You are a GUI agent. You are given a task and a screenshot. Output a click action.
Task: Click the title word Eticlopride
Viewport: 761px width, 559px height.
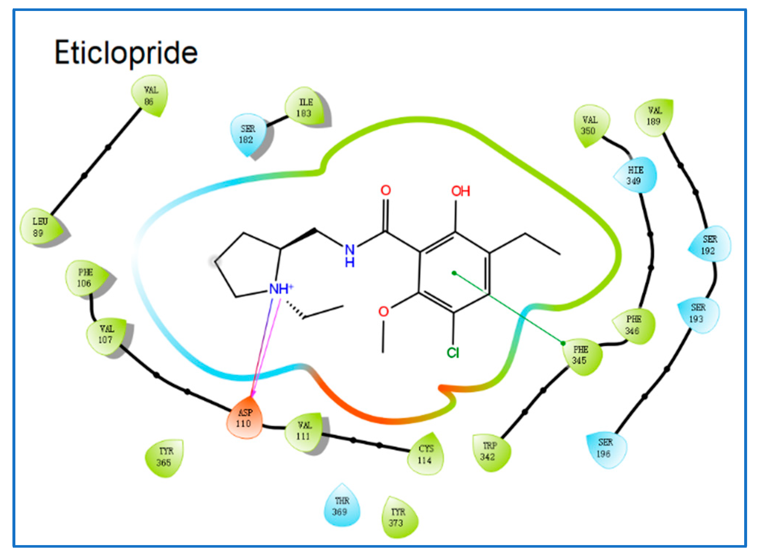pyautogui.click(x=126, y=53)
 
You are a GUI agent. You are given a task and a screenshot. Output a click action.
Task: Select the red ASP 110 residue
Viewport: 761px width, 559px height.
pyautogui.click(x=244, y=419)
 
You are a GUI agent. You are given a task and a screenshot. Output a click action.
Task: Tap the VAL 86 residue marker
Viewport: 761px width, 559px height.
pyautogui.click(x=150, y=96)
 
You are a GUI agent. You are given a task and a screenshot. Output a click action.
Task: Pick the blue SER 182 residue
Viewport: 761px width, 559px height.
pyautogui.click(x=247, y=134)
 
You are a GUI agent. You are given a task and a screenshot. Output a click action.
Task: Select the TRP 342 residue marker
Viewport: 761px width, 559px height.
pyautogui.click(x=489, y=452)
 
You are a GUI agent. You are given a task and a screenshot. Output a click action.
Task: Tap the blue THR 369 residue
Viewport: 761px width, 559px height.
pyautogui.click(x=341, y=506)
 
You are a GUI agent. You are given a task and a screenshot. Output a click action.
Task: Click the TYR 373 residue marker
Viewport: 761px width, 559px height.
pyautogui.click(x=398, y=517)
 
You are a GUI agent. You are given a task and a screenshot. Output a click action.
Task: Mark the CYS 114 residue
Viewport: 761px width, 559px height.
pyautogui.click(x=426, y=454)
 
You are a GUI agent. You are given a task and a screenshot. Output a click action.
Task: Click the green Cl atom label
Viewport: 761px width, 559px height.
pyautogui.click(x=453, y=353)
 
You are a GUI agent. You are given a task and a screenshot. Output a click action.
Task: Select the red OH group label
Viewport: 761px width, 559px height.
pyautogui.click(x=460, y=191)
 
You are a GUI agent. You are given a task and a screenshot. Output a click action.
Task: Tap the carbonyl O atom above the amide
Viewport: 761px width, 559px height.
pyautogui.click(x=386, y=190)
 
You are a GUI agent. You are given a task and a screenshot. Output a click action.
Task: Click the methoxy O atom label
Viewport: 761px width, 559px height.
pyautogui.click(x=383, y=311)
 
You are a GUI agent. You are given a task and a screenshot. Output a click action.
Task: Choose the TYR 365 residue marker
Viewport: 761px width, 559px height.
pyautogui.click(x=165, y=457)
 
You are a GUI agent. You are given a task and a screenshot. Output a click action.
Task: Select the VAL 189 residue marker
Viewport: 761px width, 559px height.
pyautogui.click(x=654, y=116)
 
